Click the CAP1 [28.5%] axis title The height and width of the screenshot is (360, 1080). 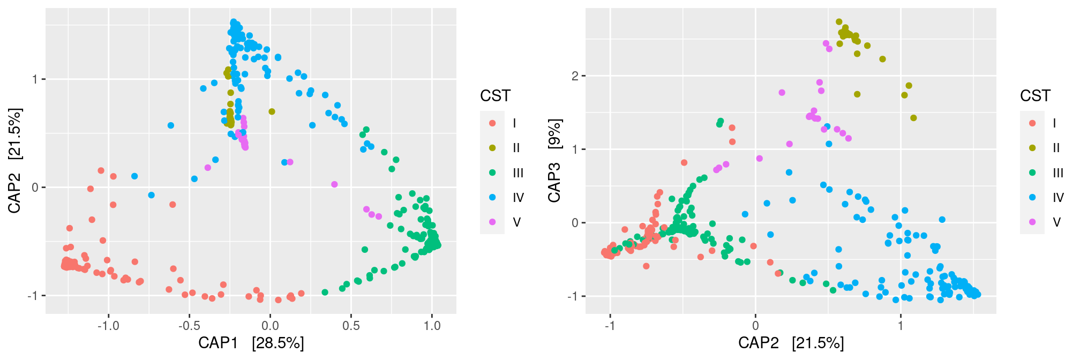coord(251,343)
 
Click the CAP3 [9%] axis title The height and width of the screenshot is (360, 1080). coord(554,161)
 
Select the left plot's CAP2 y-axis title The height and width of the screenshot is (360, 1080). coord(14,161)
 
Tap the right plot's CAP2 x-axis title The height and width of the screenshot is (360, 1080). coord(791,343)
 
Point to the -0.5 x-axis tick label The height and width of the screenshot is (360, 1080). coord(189,326)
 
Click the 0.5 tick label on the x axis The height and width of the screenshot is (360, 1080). coord(351,326)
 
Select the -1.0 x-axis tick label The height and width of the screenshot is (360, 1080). coord(108,326)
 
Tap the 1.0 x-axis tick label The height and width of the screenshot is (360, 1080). coord(432,326)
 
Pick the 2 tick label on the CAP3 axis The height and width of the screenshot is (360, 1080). coord(575,76)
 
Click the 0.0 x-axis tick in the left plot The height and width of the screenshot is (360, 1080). coord(270,326)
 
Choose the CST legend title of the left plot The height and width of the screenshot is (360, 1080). coord(495,96)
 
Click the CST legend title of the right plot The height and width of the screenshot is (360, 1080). coord(1035,96)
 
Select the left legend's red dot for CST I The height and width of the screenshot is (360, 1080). coord(492,123)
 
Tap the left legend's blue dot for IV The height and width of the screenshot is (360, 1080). coord(492,197)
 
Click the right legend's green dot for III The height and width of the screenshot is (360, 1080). coord(1032,172)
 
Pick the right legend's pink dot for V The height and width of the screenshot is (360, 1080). coord(1032,222)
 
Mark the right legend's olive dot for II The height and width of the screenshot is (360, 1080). coord(1032,148)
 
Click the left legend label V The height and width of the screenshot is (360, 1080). coord(516,222)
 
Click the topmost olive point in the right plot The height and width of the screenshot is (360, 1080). coord(839,22)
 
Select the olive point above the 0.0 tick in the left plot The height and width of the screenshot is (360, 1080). coord(272,111)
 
